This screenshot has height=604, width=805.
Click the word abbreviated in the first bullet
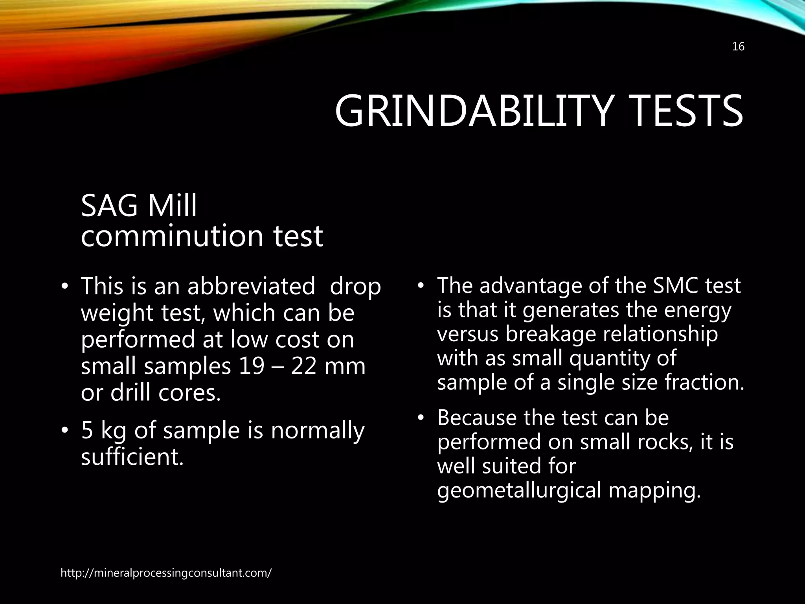251,286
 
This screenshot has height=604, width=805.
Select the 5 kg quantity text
104,431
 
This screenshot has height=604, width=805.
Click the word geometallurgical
519,491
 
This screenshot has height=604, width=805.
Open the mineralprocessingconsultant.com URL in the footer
166,573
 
